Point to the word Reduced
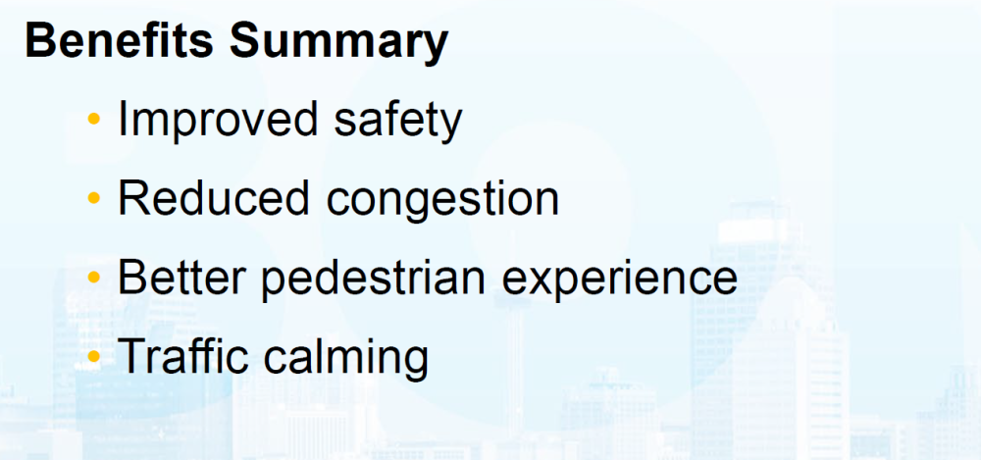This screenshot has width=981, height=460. [x=214, y=198]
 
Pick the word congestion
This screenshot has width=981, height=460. [x=443, y=201]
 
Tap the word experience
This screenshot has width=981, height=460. [x=620, y=281]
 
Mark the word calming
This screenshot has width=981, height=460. [x=346, y=357]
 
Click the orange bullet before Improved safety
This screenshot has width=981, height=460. [x=94, y=118]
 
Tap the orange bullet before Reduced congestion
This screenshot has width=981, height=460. [x=94, y=198]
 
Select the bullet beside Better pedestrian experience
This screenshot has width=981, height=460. [x=94, y=277]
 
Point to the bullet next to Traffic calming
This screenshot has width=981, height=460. [x=94, y=355]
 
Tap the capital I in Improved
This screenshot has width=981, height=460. [x=122, y=120]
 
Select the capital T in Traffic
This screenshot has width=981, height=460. [x=133, y=355]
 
